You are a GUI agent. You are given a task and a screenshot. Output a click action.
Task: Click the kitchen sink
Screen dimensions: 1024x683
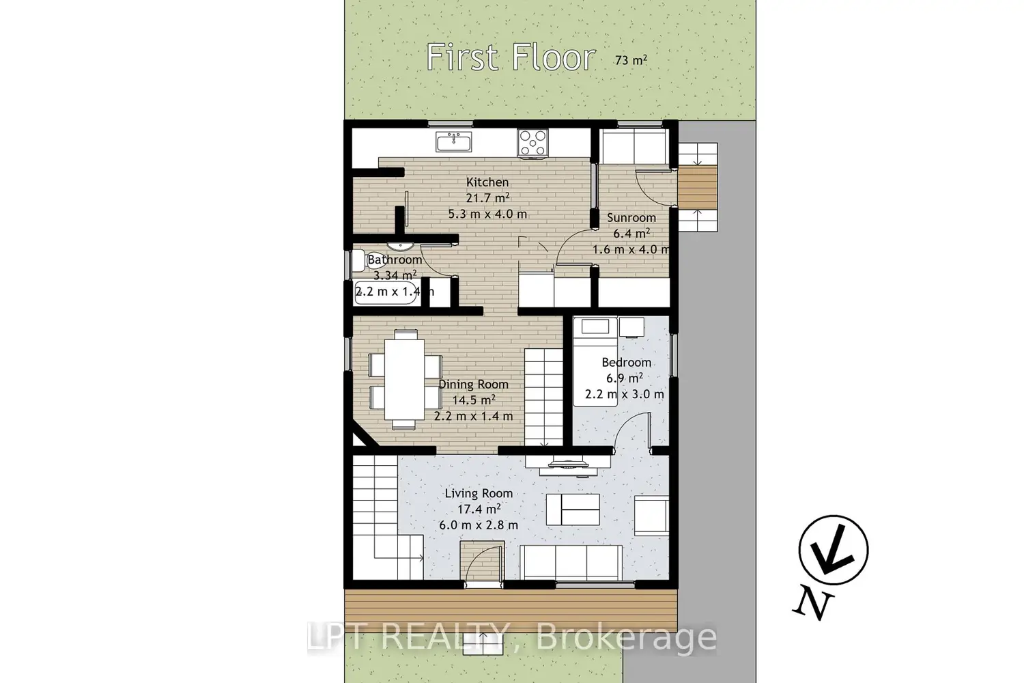[x=453, y=142]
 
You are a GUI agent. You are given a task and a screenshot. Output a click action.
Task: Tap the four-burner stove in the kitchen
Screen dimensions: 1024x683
[x=532, y=143]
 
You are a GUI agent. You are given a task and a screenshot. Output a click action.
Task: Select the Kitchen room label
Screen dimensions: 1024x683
[x=487, y=182]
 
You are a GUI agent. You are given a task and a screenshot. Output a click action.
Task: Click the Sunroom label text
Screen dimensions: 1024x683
[x=631, y=218]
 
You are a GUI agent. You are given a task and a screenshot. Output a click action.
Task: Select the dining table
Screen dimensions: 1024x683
[x=404, y=379]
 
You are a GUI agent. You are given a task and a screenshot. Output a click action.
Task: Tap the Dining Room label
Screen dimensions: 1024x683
[x=474, y=385]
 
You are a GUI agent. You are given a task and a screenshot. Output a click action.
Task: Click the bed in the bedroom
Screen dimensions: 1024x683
[x=595, y=362]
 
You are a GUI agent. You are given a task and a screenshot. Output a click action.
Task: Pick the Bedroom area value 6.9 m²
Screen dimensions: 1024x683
[x=625, y=378]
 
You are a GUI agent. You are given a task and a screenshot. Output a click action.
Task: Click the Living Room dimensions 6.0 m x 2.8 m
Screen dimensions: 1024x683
[x=479, y=525]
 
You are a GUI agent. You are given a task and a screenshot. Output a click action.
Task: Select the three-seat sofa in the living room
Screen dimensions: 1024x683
[x=571, y=562]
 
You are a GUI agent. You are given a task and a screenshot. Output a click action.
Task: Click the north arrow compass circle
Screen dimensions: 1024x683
[x=834, y=549]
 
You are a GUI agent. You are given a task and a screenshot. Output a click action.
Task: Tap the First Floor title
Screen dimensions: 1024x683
[x=511, y=57]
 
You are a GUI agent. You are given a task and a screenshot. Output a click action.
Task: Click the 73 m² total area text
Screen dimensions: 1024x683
[x=631, y=60]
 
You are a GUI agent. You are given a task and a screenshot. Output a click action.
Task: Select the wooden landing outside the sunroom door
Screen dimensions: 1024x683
[x=697, y=186]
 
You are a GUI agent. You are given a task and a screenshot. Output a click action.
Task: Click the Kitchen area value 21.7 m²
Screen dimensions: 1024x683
[x=488, y=197]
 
